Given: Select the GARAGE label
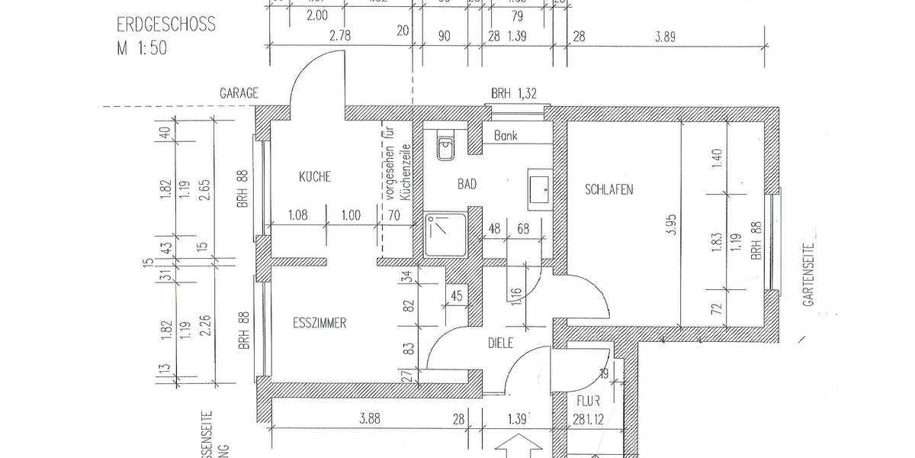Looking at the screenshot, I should (x=239, y=93).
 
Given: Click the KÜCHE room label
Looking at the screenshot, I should (x=315, y=177).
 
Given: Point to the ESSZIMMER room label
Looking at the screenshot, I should (x=319, y=323).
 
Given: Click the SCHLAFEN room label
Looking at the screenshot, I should (x=609, y=189).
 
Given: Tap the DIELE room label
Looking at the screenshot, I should (x=501, y=343).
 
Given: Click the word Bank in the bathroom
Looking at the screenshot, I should (x=506, y=136).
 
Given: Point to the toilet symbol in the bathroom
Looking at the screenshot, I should (x=446, y=147).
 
